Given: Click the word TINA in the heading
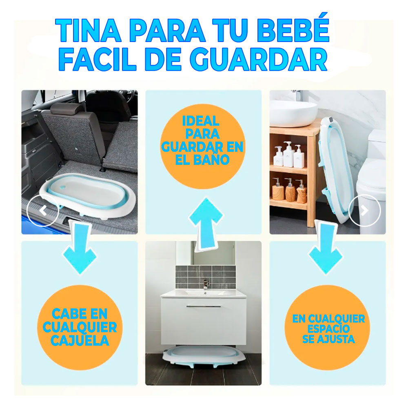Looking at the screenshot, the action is (x=88, y=30).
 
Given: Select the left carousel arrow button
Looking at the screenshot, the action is (x=43, y=211).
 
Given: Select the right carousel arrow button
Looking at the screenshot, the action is (x=364, y=211).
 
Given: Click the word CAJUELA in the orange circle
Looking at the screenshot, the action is (x=80, y=340).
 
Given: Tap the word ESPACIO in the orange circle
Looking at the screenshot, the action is (x=328, y=328).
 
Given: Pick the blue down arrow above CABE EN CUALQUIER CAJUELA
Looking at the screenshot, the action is (x=80, y=247).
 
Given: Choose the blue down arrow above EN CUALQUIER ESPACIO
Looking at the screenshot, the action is (x=325, y=247).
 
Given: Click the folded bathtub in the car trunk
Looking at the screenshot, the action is (x=87, y=195).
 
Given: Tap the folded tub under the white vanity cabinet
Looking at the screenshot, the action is (x=204, y=355).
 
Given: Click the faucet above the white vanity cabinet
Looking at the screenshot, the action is (x=206, y=284).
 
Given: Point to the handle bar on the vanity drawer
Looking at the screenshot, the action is (x=204, y=306).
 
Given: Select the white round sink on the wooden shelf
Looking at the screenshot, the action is (x=293, y=113).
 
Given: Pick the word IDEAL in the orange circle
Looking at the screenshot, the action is (x=201, y=121).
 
